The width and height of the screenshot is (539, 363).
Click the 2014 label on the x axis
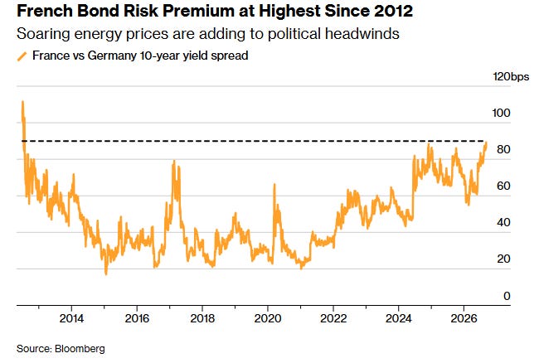[x=71, y=318]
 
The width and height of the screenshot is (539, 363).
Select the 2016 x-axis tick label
[x=137, y=318]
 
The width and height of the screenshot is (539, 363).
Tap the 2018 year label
[x=202, y=318]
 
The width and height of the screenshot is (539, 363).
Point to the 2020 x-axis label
[x=268, y=318]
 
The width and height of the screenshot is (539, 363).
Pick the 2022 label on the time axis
[x=333, y=318]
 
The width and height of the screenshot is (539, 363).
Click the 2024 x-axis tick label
[x=398, y=318]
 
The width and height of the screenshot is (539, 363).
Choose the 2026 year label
[x=464, y=318]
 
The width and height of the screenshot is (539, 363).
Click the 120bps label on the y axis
[x=511, y=76]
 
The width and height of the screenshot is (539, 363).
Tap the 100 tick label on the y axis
[x=501, y=113]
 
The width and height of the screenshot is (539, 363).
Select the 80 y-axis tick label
[x=503, y=149]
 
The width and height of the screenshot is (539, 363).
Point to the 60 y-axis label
[x=503, y=186]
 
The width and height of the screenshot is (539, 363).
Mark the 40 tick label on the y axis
[x=503, y=223]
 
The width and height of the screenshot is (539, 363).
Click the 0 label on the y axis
[x=507, y=296]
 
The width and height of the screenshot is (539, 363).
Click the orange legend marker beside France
[x=22, y=56]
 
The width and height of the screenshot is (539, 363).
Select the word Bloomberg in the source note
[x=80, y=349]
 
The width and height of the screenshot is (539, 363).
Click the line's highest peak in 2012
[x=22, y=101]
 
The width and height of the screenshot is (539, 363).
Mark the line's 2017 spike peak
[x=174, y=161]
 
